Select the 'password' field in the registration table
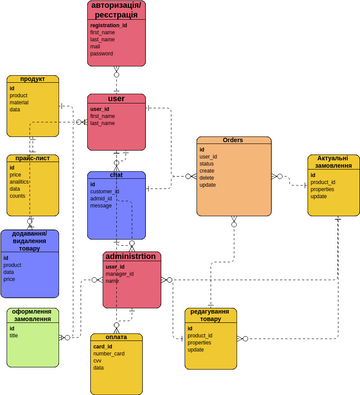[102, 53]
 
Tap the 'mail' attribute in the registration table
[96, 46]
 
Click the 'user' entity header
[115, 99]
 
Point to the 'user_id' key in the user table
[100, 109]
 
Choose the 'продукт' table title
[33, 79]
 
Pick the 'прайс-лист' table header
[33, 158]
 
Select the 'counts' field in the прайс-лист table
[19, 195]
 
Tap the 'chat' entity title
[115, 175]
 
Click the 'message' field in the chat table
[101, 205]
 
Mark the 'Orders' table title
[233, 141]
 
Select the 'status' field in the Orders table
[209, 164]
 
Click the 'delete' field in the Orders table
[208, 178]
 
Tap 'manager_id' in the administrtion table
[120, 274]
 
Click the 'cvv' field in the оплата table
[99, 361]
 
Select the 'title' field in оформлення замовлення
[15, 335]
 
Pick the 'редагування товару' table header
[211, 317]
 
